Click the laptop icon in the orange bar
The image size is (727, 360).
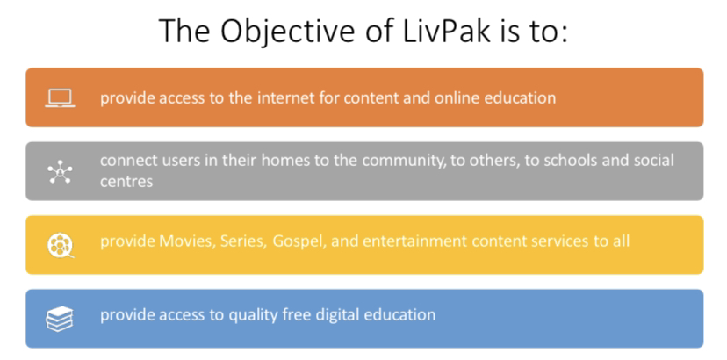61,98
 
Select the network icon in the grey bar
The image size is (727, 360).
61,172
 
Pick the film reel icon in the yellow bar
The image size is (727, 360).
61,245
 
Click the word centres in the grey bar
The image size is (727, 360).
126,182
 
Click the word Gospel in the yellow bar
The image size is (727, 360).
295,242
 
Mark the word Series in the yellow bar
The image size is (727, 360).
244,241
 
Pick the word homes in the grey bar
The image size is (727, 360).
280,161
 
